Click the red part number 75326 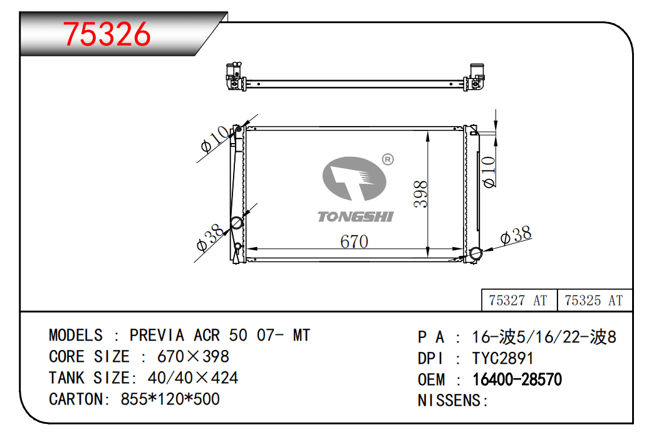coord(106,34)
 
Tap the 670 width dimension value coord(354,241)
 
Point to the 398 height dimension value coord(420,194)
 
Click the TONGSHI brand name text coord(356,217)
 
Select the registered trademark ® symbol coord(388,159)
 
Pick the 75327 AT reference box coord(519,300)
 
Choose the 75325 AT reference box coord(594,300)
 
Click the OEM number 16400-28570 coord(517,379)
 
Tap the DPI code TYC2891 coord(503,358)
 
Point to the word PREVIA coord(157,335)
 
